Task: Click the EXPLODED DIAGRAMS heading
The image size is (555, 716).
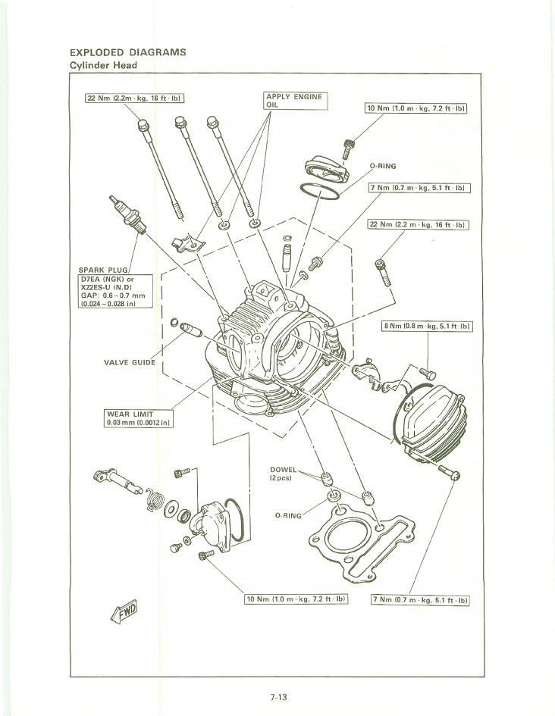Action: click(127, 53)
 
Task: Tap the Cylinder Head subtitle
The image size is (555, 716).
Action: click(103, 65)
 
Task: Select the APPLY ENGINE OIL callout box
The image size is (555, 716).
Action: click(294, 101)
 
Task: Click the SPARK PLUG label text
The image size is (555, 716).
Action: click(103, 270)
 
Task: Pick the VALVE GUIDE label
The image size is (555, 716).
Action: click(129, 362)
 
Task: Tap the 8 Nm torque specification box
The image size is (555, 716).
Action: click(427, 327)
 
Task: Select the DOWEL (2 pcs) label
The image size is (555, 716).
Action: click(284, 474)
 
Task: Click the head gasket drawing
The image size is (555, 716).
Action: click(360, 542)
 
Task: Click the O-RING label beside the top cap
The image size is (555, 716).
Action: click(382, 166)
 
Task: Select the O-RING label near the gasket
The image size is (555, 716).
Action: click(287, 515)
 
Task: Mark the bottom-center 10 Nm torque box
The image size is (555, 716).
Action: click(296, 599)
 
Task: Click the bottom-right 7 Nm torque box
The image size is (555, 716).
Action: click(421, 601)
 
